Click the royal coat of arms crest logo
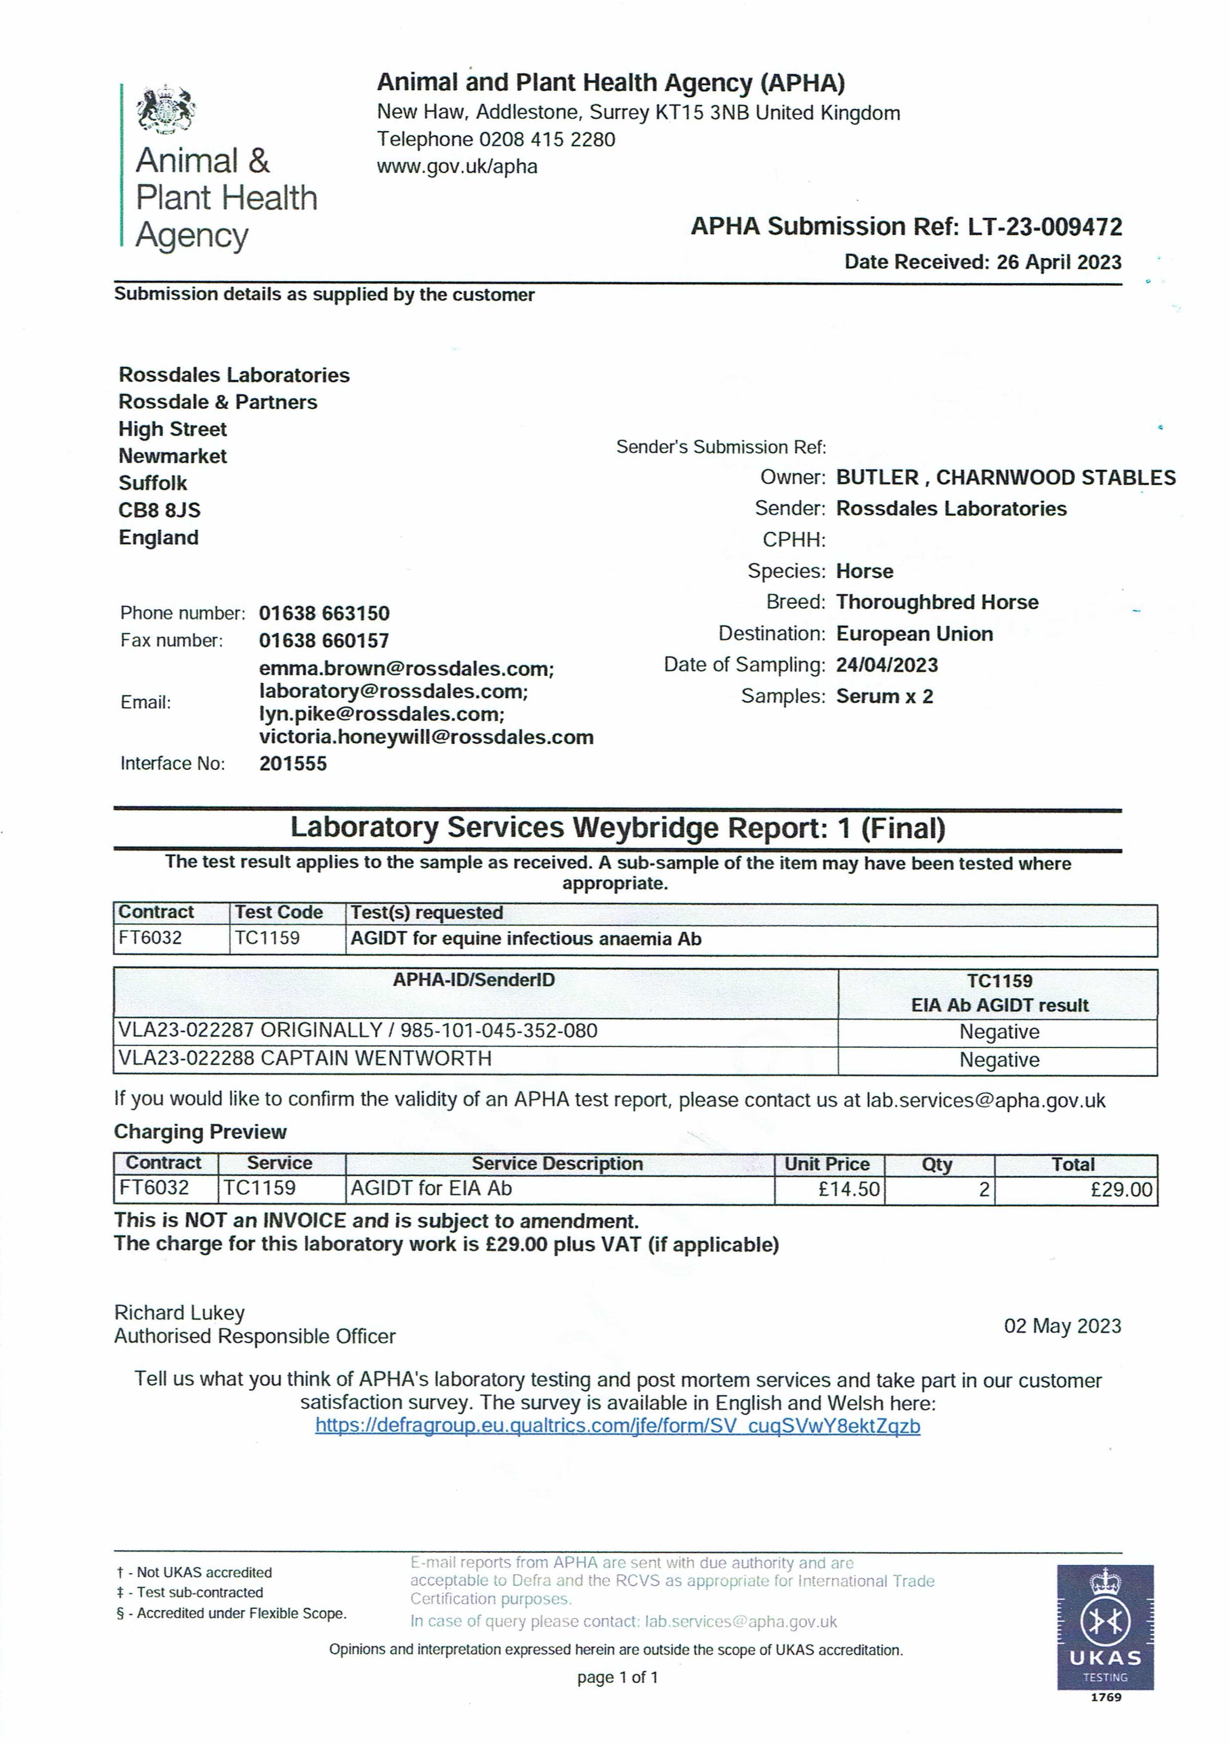(x=166, y=110)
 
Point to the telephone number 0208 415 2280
(x=546, y=139)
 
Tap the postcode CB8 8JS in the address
(x=159, y=510)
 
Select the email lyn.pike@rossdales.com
(x=381, y=714)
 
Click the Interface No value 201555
(x=293, y=763)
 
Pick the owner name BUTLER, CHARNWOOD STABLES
(x=1006, y=478)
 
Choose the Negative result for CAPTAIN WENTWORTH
(x=999, y=1060)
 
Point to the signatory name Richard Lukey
(x=179, y=1313)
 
